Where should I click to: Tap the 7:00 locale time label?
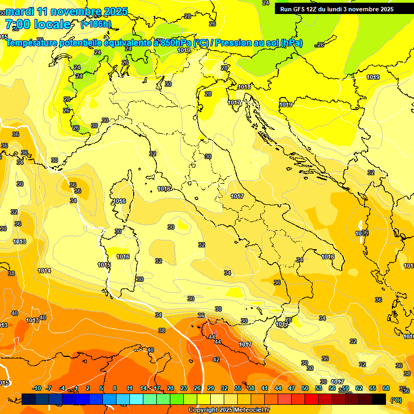pos(38,24)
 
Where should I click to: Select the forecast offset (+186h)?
pos(96,24)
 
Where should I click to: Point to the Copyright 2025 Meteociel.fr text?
pos(229,410)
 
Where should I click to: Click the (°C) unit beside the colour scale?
pos(396,400)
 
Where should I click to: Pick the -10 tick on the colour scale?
pos(37,388)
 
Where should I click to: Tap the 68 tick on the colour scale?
pos(386,388)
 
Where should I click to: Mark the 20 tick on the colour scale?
pos(170,388)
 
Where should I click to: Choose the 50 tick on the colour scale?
pos(305,388)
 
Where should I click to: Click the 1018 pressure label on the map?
pos(244,87)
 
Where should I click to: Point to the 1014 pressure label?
pos(44,271)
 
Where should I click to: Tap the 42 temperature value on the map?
pos(216,360)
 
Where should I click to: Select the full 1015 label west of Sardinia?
pos(104,265)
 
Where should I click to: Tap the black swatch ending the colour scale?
pos(379,399)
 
